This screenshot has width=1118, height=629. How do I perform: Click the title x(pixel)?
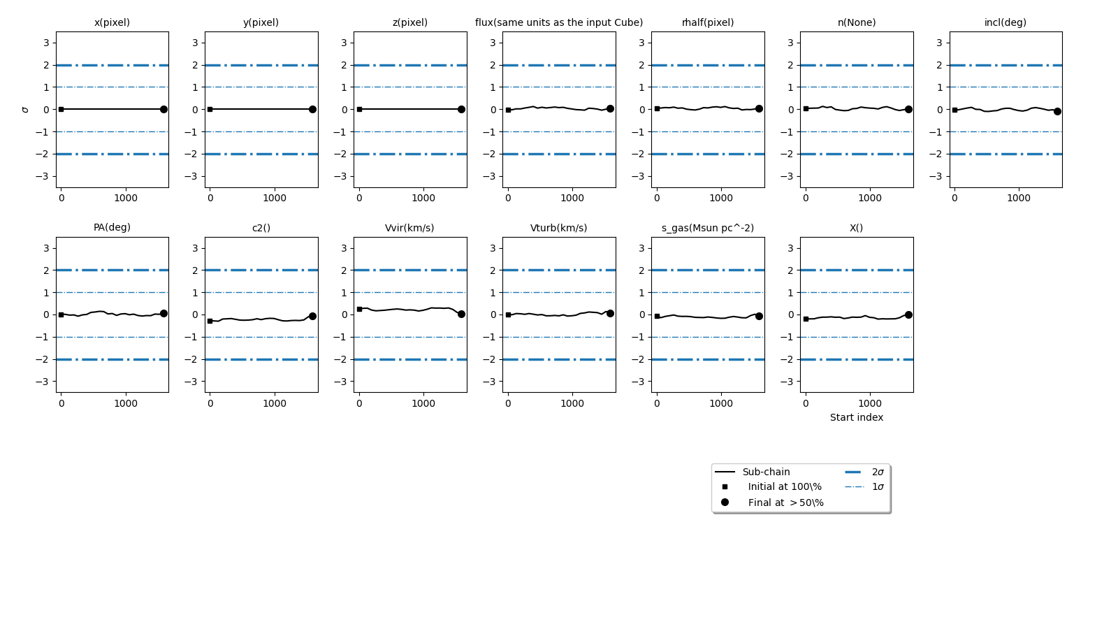click(x=112, y=22)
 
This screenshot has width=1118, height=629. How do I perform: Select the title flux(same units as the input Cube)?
click(x=559, y=22)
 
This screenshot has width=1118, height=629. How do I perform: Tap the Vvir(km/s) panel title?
click(x=409, y=228)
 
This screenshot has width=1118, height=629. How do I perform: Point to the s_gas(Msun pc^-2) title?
click(x=708, y=228)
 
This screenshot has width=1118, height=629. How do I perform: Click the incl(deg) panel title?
click(x=1005, y=22)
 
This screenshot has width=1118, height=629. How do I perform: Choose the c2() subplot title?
click(x=261, y=228)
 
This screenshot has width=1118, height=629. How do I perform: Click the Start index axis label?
click(x=857, y=417)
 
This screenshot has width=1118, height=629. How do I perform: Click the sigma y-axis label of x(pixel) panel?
click(x=26, y=110)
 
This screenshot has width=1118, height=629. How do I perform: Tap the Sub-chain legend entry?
click(x=766, y=472)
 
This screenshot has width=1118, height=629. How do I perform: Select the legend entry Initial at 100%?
click(x=785, y=486)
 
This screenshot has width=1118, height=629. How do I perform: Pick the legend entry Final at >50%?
click(x=785, y=503)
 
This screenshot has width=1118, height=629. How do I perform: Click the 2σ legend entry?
click(x=878, y=472)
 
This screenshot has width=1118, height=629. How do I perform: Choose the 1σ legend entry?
click(x=878, y=486)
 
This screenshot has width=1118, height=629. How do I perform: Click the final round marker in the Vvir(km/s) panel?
click(x=461, y=314)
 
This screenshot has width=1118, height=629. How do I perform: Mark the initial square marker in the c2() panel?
click(x=210, y=321)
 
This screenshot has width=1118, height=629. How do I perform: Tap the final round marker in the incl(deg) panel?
click(x=1057, y=111)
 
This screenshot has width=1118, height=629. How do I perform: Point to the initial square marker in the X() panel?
click(x=806, y=319)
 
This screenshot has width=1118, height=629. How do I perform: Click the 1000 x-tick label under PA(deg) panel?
click(x=126, y=403)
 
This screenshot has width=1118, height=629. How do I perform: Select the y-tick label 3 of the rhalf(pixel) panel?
click(x=641, y=43)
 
